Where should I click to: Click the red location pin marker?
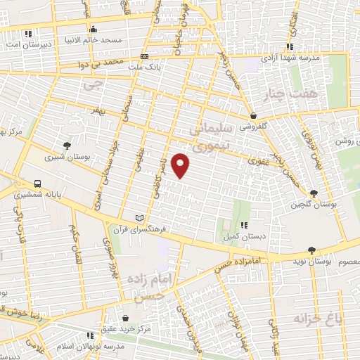pyautogui.click(x=181, y=165)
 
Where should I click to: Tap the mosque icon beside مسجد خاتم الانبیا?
pyautogui.click(x=94, y=29)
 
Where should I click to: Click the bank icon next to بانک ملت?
pyautogui.click(x=145, y=56)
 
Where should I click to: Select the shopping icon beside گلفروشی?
pyautogui.click(x=252, y=115)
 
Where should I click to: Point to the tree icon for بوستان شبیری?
pyautogui.click(x=67, y=146)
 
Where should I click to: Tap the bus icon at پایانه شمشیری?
pyautogui.click(x=37, y=184)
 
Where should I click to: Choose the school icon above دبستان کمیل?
pyautogui.click(x=243, y=225)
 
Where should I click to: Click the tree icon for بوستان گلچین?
pyautogui.click(x=313, y=193)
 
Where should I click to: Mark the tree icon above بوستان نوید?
pyautogui.click(x=311, y=250)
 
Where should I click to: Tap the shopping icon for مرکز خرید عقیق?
pyautogui.click(x=125, y=318)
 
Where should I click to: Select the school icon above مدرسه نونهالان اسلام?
pyautogui.click(x=89, y=336)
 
